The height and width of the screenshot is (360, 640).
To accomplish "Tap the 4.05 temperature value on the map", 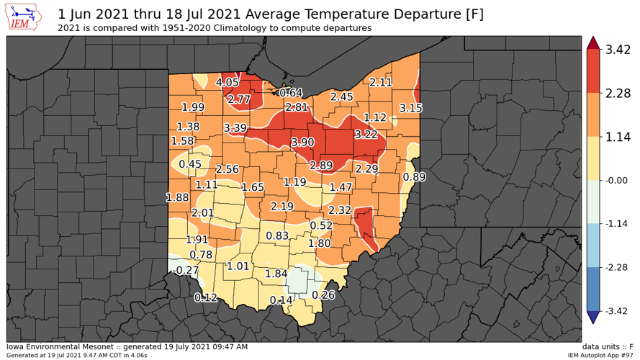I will point(227,82).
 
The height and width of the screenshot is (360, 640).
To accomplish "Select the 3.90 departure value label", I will point(302,143).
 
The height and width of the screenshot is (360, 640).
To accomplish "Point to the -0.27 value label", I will point(187,270).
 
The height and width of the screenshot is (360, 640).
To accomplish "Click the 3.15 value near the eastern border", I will point(410,108).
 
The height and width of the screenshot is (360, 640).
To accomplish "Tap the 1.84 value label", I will point(276,274).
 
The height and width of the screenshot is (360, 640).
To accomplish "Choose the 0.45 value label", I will point(190,164).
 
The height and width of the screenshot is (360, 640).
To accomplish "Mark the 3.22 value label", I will point(366,135).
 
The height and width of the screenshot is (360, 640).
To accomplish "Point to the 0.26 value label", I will point(324,295).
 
